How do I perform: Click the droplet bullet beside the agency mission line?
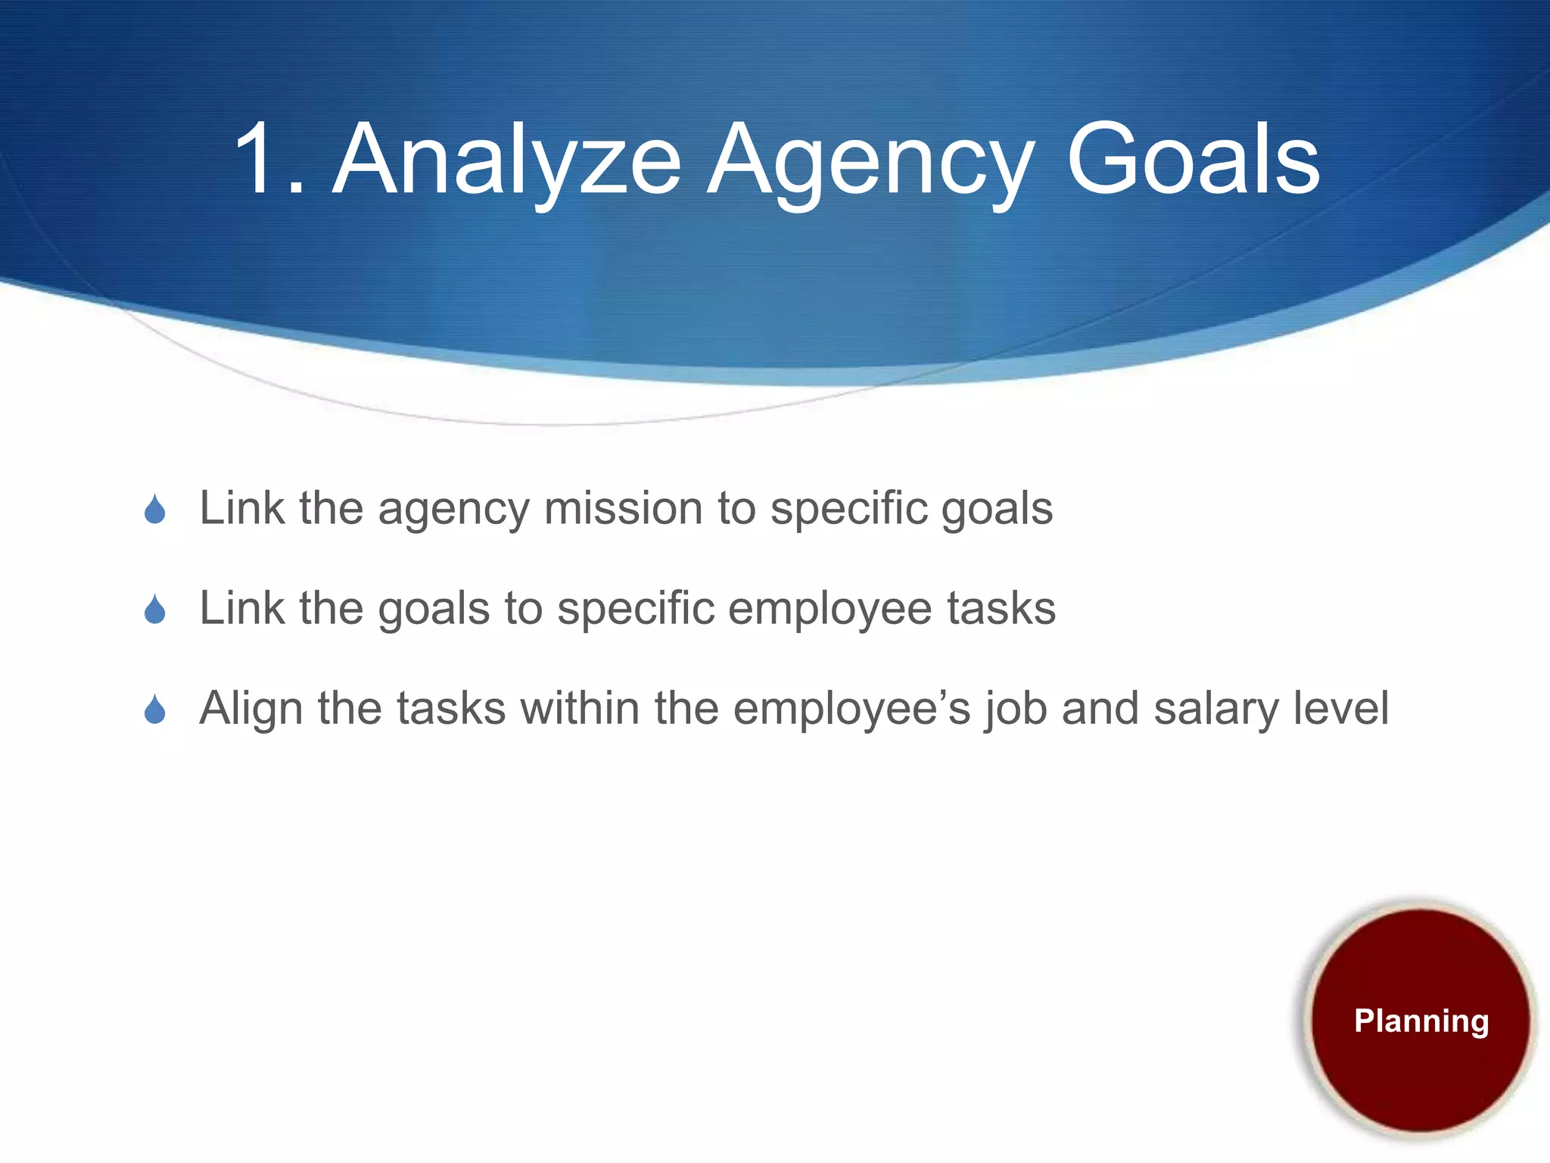155,510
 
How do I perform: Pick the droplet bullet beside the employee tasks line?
155,610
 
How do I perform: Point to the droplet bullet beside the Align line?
155,709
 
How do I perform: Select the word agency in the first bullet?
453,510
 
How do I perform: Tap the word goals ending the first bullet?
997,510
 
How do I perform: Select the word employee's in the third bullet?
851,709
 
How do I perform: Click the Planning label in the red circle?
1421,1021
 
